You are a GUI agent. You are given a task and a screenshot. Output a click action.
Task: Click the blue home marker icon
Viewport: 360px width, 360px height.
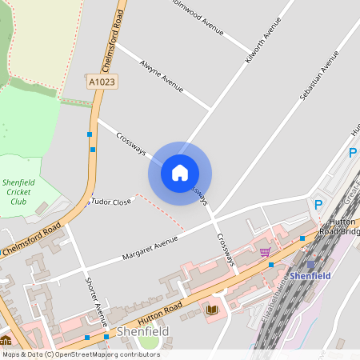pyautogui.click(x=179, y=173)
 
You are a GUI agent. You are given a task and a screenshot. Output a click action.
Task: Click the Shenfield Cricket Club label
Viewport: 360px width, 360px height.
pyautogui.click(x=17, y=192)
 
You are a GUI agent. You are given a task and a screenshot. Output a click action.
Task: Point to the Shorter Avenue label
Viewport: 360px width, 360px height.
pyautogui.click(x=96, y=302)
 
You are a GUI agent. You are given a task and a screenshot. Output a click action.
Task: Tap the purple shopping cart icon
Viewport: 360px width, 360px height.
pyautogui.click(x=264, y=251)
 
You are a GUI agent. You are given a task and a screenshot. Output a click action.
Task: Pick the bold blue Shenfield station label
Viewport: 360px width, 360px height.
pyautogui.click(x=310, y=276)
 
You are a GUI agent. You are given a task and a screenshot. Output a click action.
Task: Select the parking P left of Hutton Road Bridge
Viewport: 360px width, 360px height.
pyautogui.click(x=318, y=205)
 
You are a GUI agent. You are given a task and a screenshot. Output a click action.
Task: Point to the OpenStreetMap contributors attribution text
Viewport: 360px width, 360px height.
pyautogui.click(x=80, y=354)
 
